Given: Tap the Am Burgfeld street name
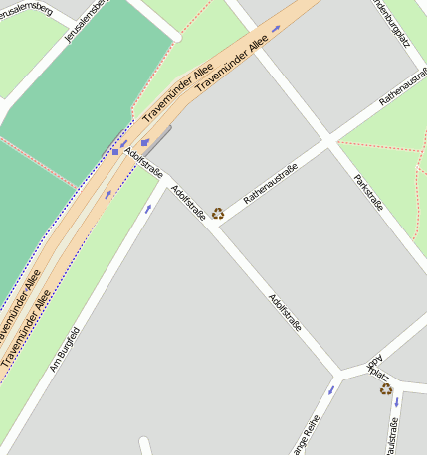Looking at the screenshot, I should tap(64, 349).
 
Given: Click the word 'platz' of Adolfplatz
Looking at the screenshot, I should tap(379, 376).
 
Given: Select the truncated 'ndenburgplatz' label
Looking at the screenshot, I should tap(390, 23).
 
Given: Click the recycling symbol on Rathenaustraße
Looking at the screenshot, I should tap(218, 213).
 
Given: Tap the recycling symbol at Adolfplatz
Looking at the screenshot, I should tap(385, 389).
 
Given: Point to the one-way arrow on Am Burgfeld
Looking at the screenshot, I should tap(148, 209).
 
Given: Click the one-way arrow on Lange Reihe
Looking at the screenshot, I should tap(331, 389).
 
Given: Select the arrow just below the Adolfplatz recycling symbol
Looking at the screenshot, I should tap(396, 402).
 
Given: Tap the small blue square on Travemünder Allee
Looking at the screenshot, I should tap(115, 152).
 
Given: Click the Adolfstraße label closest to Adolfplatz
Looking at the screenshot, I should tap(285, 312).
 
